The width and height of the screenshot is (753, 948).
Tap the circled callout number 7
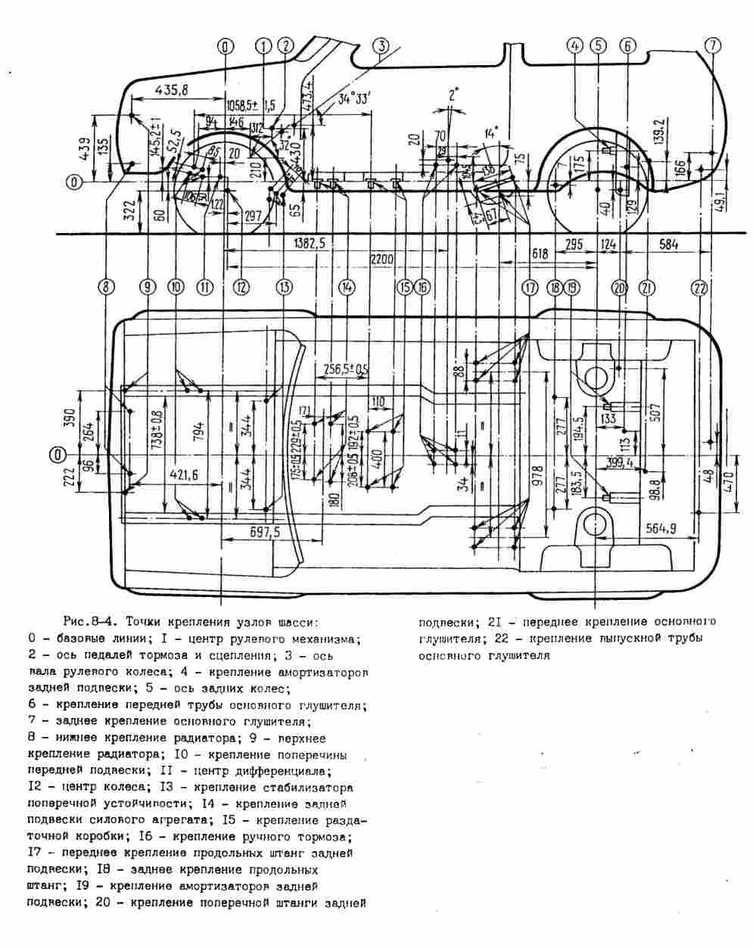(712, 45)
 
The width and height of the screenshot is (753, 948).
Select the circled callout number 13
(284, 288)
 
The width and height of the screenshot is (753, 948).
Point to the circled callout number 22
(699, 288)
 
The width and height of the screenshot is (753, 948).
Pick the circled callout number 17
(529, 288)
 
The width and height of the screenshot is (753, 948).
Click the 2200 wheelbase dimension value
(382, 260)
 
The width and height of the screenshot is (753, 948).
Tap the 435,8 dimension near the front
(171, 90)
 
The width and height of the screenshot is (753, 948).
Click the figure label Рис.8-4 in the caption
(89, 623)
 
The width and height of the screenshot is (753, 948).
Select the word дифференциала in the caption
(288, 771)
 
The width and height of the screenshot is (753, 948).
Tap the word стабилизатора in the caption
(310, 788)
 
